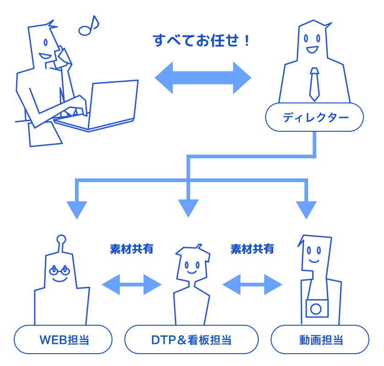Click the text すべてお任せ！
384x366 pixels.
point(202,41)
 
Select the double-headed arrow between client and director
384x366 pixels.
point(203,78)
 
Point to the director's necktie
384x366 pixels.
point(314,84)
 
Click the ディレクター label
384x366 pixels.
point(315,118)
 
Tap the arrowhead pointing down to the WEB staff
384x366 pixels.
point(77,210)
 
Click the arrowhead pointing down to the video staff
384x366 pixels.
point(306,210)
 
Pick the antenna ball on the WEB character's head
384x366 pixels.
point(61,239)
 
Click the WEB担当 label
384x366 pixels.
point(64,340)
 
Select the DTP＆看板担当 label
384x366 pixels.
point(191,340)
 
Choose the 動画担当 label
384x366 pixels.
point(320,340)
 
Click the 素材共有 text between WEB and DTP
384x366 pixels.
point(132,249)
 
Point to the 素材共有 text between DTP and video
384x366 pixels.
point(252,249)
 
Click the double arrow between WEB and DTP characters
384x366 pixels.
point(132,285)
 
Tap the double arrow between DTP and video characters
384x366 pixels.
point(252,285)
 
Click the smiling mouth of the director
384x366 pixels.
point(313,49)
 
